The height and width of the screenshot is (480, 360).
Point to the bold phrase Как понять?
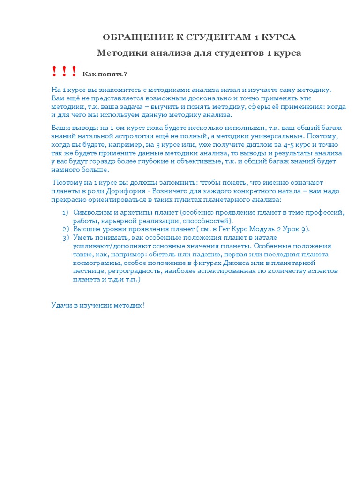[105, 75]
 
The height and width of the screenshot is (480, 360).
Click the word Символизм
[92, 212]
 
